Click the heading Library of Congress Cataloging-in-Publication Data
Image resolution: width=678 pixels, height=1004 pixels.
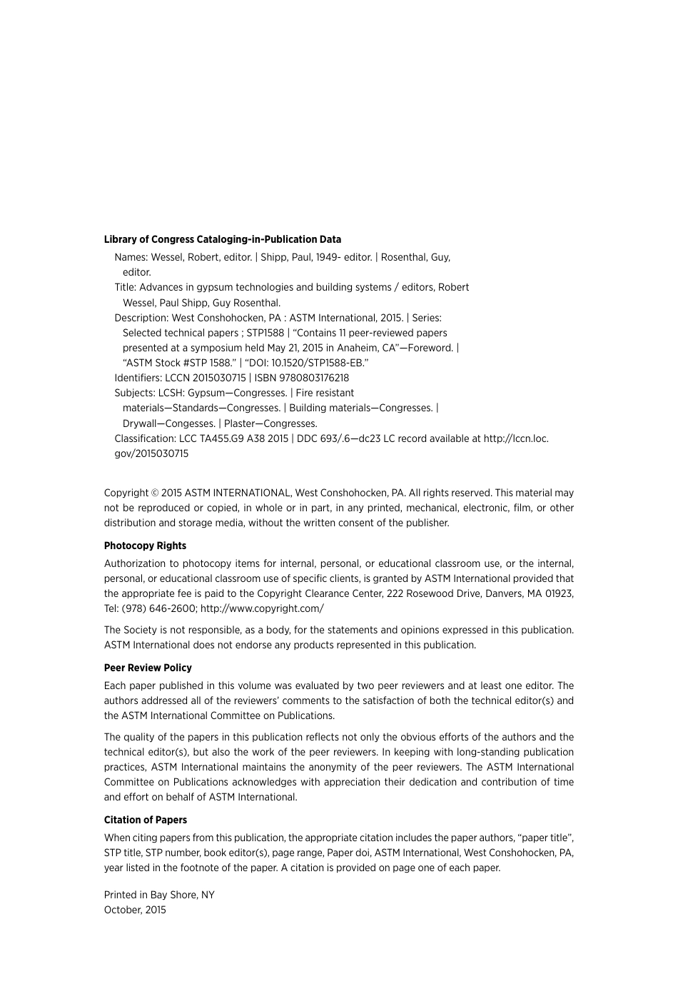[x=222, y=239]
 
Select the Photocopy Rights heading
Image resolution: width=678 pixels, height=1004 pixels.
[x=145, y=546]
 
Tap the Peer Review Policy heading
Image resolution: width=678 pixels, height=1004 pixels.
[x=148, y=668]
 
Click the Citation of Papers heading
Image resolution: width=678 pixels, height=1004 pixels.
[x=146, y=820]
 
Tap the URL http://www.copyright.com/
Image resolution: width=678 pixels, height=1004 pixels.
[x=262, y=608]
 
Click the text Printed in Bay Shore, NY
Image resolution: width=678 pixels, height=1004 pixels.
[x=159, y=895]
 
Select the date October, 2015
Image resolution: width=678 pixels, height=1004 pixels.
[x=135, y=910]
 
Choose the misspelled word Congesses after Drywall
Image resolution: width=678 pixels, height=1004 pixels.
[x=190, y=423]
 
